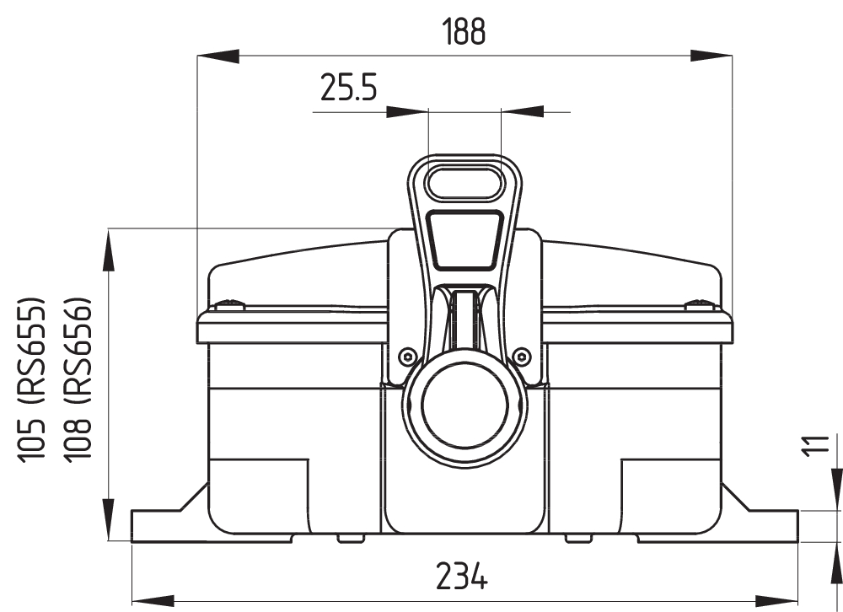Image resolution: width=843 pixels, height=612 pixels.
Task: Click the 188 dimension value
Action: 464,31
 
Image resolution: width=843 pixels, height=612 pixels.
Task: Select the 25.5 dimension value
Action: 347,88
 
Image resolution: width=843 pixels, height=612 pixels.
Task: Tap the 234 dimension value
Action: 461,577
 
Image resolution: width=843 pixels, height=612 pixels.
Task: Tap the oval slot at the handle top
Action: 464,183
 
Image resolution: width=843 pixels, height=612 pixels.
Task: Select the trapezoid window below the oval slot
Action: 464,240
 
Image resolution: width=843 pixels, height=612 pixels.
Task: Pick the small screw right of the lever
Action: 522,355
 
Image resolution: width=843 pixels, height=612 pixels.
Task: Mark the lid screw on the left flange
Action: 228,304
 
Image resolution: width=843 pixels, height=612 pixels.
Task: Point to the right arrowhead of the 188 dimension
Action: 711,56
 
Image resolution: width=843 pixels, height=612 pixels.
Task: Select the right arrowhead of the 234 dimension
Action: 776,600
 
